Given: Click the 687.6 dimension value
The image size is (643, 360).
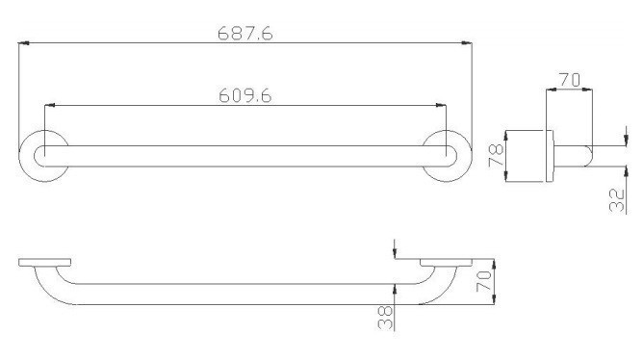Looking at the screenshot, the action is coord(245,34).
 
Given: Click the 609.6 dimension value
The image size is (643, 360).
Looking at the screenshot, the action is coord(245,96).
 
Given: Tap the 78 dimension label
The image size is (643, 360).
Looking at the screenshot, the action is coord(496,155).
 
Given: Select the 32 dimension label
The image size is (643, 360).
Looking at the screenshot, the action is coord(617,200).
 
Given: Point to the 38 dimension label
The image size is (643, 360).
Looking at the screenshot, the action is coord(385,319).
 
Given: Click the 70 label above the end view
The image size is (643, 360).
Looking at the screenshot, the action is coord(570,80).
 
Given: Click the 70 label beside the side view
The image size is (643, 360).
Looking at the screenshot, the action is coord(484,281).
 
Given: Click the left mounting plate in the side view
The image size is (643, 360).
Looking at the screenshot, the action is coord(44,263).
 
